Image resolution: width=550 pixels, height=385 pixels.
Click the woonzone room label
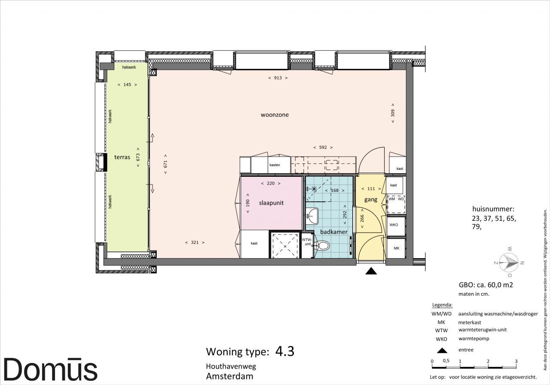tap(275, 115)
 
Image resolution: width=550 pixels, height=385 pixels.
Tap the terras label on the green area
tap(122, 157)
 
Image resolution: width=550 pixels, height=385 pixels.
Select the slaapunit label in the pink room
tap(271, 203)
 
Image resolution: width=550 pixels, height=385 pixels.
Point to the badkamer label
tap(334, 232)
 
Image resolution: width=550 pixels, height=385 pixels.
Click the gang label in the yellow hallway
tap(371, 200)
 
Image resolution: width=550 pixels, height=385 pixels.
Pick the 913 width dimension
tap(278, 78)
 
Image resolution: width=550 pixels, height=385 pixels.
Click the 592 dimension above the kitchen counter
tap(323, 148)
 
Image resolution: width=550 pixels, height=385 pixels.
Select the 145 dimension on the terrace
tap(127, 85)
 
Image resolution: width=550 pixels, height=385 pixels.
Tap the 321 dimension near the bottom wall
tap(195, 243)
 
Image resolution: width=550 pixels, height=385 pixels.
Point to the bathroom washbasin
tap(312, 216)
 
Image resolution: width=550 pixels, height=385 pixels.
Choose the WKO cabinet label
tap(394, 225)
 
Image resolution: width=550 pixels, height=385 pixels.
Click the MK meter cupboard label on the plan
tap(397, 248)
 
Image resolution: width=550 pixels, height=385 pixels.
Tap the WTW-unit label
tap(307, 242)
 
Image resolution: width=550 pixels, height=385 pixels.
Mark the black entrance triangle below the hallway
tap(371, 271)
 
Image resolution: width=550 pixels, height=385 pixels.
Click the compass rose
tap(509, 262)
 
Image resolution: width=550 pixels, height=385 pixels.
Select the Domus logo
tap(51, 369)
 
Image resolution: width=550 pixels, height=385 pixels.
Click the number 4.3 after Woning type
tap(284, 351)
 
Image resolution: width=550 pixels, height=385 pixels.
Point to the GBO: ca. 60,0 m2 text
tap(486, 285)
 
